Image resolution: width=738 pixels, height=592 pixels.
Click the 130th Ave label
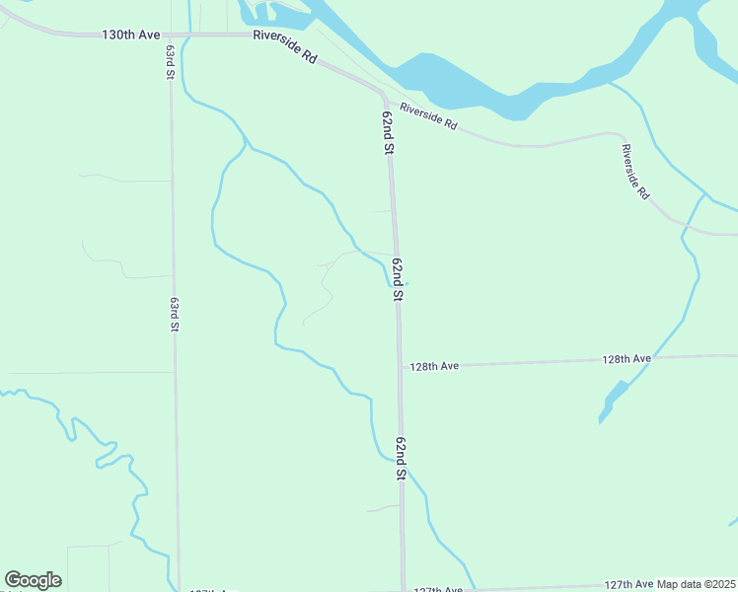(130, 35)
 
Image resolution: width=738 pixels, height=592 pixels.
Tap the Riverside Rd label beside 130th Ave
(284, 46)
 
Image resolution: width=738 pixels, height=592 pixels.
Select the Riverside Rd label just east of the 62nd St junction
(429, 117)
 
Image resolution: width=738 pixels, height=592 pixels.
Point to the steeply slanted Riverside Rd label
(635, 173)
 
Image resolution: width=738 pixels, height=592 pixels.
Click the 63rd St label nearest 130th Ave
(170, 61)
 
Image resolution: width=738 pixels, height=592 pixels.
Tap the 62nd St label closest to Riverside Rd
(388, 132)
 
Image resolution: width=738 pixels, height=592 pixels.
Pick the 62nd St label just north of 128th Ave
(398, 279)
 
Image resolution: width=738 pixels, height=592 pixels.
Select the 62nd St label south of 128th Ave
(401, 459)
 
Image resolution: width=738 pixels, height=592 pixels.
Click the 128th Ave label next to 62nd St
(435, 366)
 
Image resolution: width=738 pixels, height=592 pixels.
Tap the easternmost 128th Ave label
(627, 359)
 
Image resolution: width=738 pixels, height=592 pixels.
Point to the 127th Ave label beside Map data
(629, 584)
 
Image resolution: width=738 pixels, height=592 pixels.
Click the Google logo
(33, 580)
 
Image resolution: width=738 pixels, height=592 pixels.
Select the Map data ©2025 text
(697, 584)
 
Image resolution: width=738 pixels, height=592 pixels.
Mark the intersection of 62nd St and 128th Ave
(400, 366)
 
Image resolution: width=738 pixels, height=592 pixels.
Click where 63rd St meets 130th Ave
(170, 35)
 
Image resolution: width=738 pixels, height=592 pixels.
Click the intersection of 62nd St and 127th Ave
(403, 590)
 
